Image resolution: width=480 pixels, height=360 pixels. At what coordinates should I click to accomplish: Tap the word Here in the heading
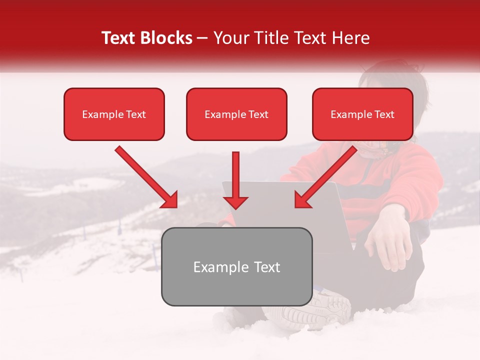349,38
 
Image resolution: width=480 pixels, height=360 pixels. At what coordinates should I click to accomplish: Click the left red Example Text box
114,114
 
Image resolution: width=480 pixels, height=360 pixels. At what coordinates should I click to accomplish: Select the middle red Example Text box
236,114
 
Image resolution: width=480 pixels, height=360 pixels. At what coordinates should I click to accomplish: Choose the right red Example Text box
362,114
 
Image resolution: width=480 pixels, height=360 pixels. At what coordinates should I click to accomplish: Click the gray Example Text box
236,267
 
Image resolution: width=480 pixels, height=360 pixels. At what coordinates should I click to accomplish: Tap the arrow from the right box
325,177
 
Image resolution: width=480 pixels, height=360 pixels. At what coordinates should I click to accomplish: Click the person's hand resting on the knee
387,240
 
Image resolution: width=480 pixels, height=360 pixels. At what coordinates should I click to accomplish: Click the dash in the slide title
202,38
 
